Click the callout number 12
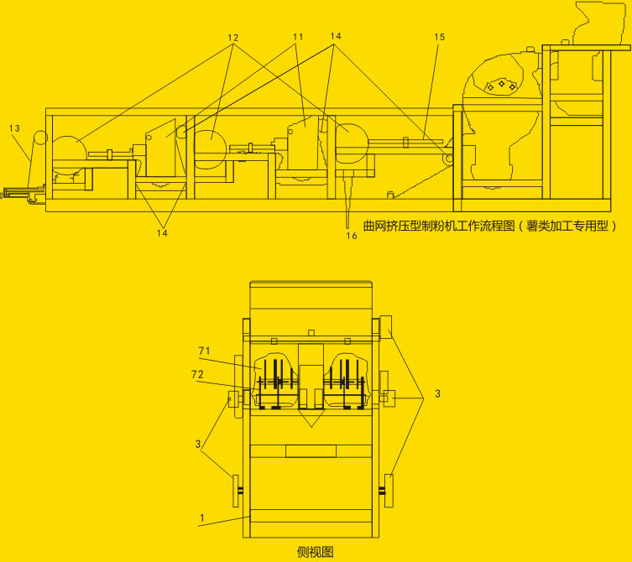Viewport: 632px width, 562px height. [x=233, y=38]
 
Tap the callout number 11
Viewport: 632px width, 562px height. [x=298, y=37]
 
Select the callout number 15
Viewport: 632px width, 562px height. [x=439, y=37]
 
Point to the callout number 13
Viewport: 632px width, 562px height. [x=14, y=128]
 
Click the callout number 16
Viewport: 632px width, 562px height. [x=352, y=236]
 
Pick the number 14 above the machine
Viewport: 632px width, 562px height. [x=336, y=36]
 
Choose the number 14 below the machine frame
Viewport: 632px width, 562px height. [x=162, y=233]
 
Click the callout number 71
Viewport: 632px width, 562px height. [x=204, y=351]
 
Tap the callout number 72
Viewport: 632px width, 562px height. [x=197, y=375]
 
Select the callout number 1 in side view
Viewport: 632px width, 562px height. [x=202, y=518]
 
